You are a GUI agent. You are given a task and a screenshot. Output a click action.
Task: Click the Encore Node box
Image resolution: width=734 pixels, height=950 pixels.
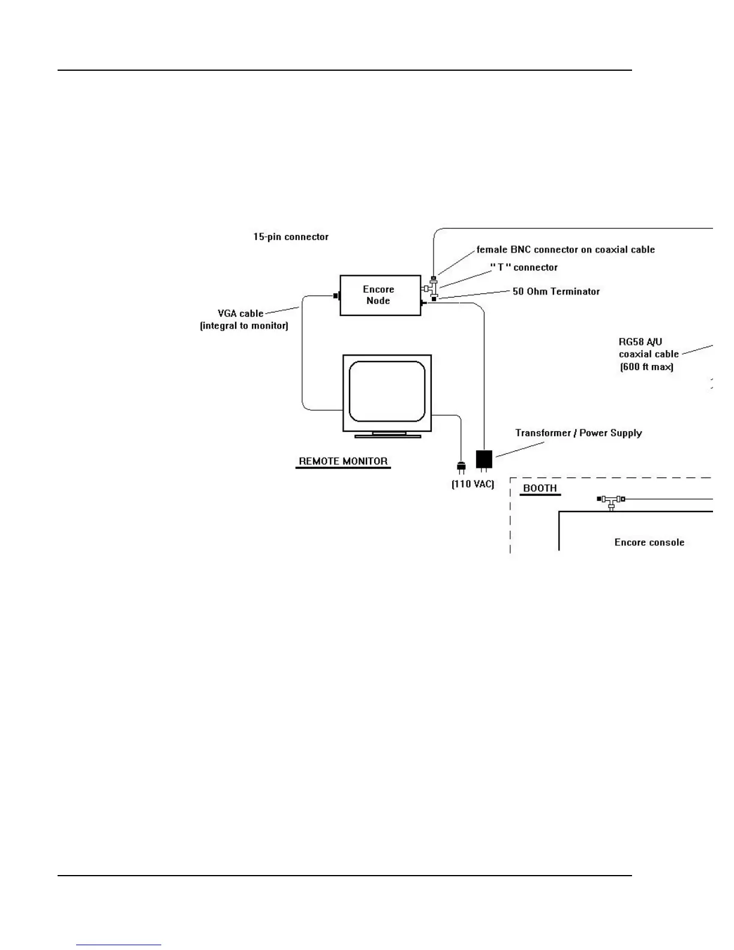coord(380,295)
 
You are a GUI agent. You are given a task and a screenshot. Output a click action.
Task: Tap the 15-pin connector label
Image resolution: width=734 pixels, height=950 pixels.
coord(291,237)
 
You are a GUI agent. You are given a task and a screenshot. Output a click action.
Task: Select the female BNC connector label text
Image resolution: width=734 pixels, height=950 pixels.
coord(565,249)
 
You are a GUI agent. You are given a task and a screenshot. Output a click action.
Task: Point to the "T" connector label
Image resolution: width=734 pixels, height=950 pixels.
coord(524,267)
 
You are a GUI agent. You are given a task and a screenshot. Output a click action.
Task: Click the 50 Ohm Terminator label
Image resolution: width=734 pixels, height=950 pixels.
coord(556,291)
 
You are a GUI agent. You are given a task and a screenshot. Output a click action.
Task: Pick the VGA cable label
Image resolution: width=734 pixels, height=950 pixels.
coord(240,314)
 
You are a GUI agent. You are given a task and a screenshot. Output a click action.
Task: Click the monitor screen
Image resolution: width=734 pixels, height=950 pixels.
coord(387,391)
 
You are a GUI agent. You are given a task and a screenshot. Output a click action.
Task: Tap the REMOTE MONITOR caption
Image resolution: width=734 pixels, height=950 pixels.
coord(343,461)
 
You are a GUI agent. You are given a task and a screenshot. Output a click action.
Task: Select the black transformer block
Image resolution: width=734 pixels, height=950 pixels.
coord(484,459)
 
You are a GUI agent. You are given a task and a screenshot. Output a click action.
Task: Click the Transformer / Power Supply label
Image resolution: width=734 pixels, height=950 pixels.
coord(579,433)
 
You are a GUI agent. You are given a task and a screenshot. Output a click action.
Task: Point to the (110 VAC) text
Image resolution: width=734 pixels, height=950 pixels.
coord(473,484)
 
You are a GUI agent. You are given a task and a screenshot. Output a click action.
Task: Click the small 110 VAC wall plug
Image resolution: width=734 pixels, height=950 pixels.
coord(461,466)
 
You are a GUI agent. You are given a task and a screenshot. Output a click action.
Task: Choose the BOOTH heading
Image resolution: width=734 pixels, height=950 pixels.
coord(540,488)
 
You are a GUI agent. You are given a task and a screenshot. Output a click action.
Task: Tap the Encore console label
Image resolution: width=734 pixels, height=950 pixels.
coord(649,542)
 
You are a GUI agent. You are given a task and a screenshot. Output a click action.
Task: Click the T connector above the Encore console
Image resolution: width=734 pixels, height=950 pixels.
coord(612,501)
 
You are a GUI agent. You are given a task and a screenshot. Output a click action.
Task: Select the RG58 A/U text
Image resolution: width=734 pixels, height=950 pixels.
coord(640,342)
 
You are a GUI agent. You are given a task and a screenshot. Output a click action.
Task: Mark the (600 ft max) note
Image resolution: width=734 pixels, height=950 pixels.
coord(646,367)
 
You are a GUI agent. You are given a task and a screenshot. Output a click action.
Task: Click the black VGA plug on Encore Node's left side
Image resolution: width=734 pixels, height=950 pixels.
coord(336,296)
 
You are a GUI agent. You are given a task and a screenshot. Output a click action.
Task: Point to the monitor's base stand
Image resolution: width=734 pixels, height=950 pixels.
coord(387,434)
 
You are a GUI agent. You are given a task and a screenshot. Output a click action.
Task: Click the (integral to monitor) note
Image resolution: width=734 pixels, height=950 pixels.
coord(244,326)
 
